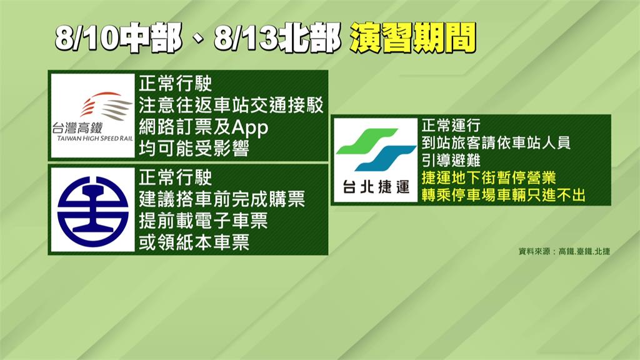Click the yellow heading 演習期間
pos(412,38)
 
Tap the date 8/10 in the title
pos(87,39)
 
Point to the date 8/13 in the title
pos(246,39)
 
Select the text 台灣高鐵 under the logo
pos(77,128)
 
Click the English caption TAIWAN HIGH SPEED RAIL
pos(95,138)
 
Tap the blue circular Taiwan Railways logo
pos(92,211)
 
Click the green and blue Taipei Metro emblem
pos(376,149)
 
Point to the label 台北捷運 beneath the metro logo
pos(376,187)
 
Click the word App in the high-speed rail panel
pos(250,128)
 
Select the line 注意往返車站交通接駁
pos(231,105)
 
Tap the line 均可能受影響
pos(194,149)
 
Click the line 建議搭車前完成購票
pos(222,199)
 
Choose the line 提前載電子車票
pos(203,221)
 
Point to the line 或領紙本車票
pos(194,242)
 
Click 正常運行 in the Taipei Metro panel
pos(451,125)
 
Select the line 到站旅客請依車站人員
pos(496,143)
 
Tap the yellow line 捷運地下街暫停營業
pos(489,178)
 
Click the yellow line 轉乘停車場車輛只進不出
pos(503,195)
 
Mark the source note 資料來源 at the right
pos(534,251)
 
